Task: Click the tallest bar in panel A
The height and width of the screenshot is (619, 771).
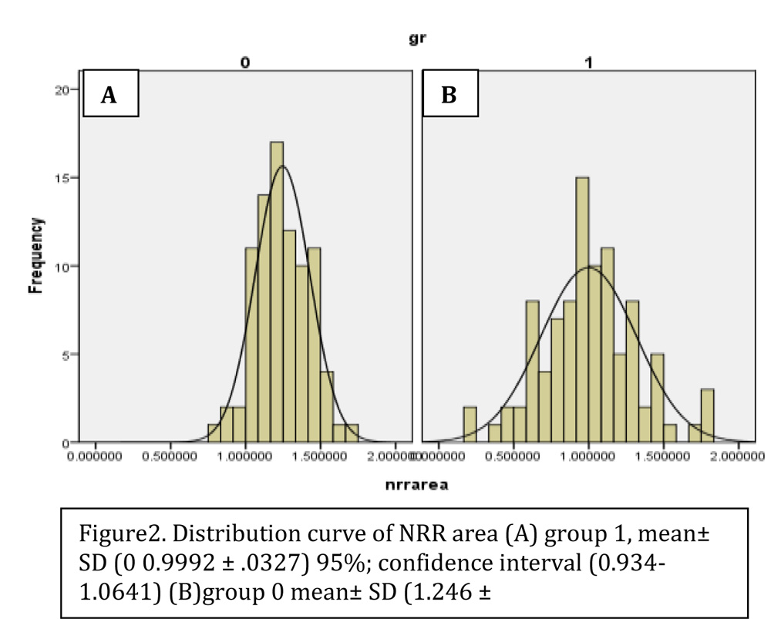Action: coord(277,293)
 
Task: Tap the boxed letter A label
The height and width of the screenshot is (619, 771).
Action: coord(110,95)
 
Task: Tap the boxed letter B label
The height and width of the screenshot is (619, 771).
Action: coord(450,95)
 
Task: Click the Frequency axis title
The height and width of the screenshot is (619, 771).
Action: coord(35,256)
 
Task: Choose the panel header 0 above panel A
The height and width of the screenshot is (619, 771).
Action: coord(244,62)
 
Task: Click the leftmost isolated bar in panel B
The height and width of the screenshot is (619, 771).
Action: coord(470,425)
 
